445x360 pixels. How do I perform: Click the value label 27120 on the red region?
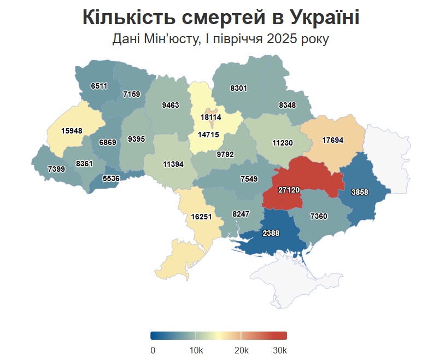click(288, 190)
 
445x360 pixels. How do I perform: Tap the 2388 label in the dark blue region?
click(271, 233)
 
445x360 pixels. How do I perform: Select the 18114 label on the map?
click(211, 117)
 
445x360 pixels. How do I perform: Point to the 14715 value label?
click(208, 135)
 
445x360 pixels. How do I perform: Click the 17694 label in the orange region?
click(332, 140)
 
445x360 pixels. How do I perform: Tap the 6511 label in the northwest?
click(99, 86)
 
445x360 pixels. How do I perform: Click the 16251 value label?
click(201, 217)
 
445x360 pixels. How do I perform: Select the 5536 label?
click(110, 178)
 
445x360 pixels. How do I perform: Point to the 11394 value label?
click(173, 164)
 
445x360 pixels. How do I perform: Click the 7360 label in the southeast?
click(318, 217)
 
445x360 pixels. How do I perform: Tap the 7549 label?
click(249, 178)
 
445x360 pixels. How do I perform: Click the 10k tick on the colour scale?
click(196, 350)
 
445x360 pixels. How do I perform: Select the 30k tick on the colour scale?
click(279, 350)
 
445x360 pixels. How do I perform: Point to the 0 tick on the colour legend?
click(153, 350)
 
